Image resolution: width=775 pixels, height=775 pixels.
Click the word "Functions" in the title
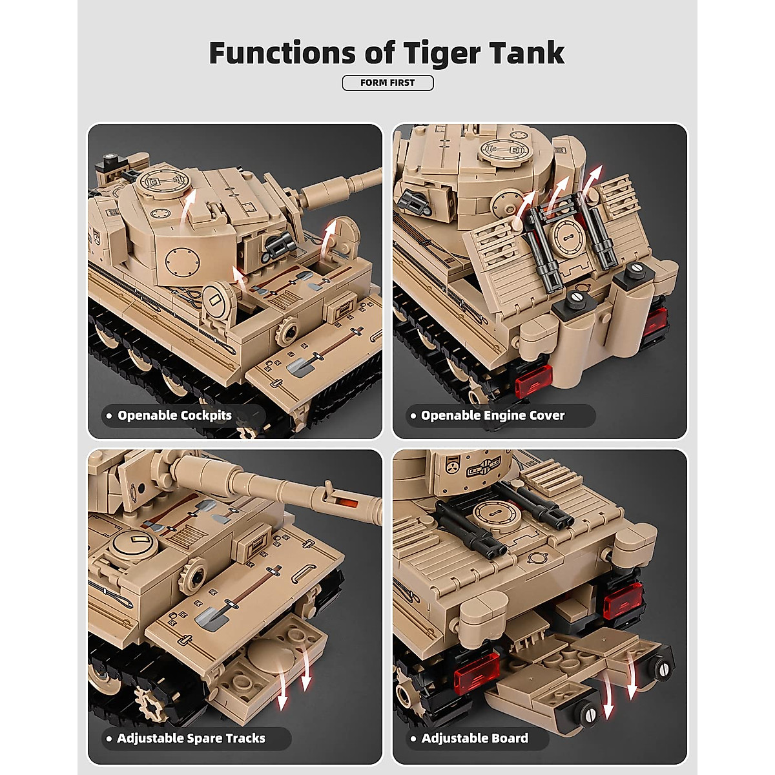coord(282,52)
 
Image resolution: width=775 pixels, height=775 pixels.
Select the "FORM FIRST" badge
coord(387,83)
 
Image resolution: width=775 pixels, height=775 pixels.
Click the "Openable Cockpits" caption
coord(174,415)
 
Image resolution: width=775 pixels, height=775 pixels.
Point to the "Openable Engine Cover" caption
coord(492,415)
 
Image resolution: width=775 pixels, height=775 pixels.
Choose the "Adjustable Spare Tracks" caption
coord(191,738)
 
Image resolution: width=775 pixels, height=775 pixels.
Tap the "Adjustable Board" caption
coord(475,738)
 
